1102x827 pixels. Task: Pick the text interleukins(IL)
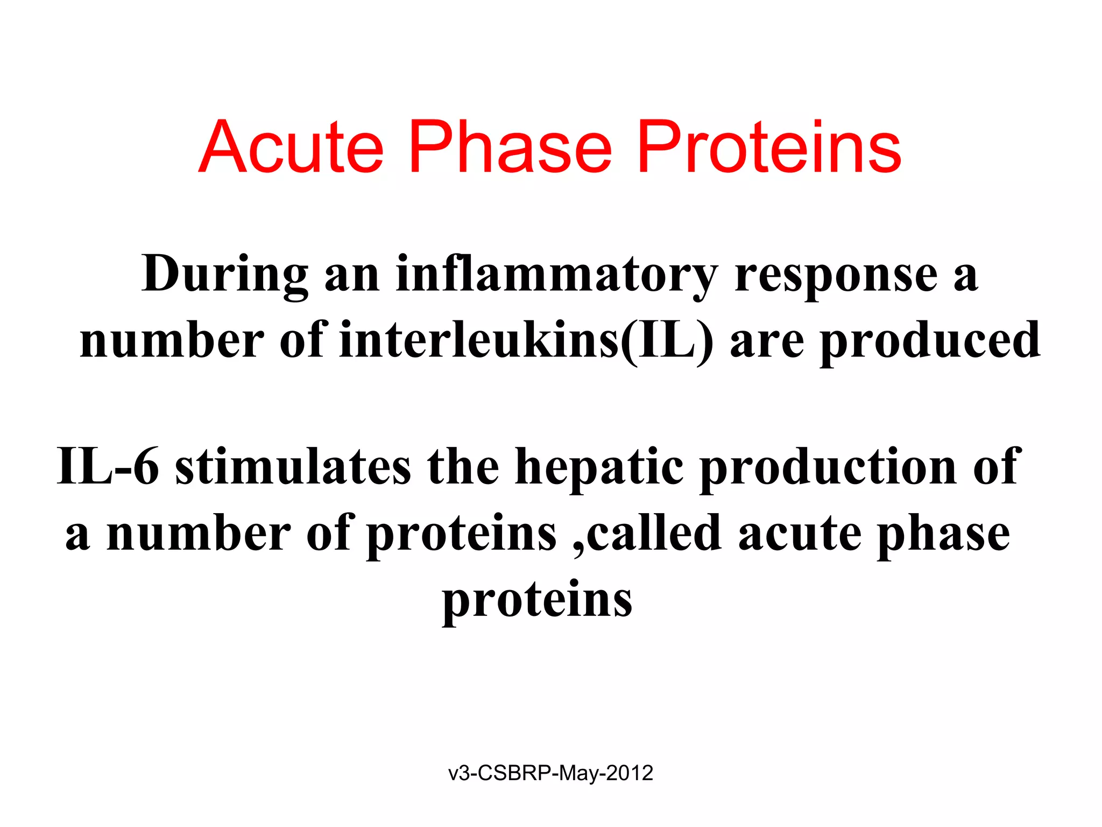tap(526, 341)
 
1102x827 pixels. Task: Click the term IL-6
tap(108, 466)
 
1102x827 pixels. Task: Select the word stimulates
tap(293, 466)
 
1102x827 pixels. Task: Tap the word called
tap(653, 532)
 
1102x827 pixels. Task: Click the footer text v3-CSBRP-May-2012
tap(550, 773)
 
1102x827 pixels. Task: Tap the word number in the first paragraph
tap(172, 341)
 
